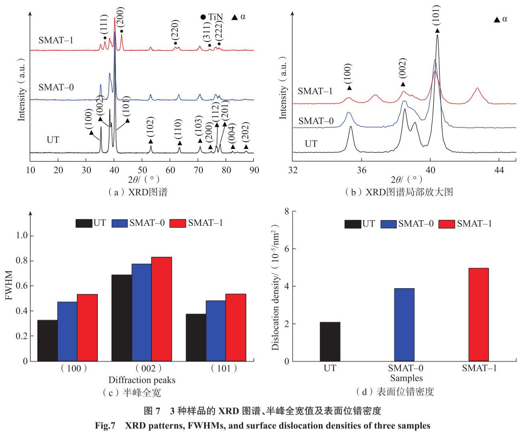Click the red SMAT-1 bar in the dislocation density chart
tap(479, 314)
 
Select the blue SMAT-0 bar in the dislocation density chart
tap(404, 324)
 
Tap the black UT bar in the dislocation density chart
tap(330, 341)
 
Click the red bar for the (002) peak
tap(161, 309)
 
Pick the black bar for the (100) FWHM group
tap(47, 340)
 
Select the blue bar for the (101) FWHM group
tap(216, 331)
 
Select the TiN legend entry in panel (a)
tap(212, 17)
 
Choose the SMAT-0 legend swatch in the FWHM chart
tap(120, 223)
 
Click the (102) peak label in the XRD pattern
tap(151, 128)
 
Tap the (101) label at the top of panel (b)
tap(437, 15)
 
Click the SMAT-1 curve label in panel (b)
tap(315, 91)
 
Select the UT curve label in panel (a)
tap(53, 140)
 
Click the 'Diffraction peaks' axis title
tap(142, 380)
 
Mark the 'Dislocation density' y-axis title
tap(276, 287)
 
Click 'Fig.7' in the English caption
tap(105, 426)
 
